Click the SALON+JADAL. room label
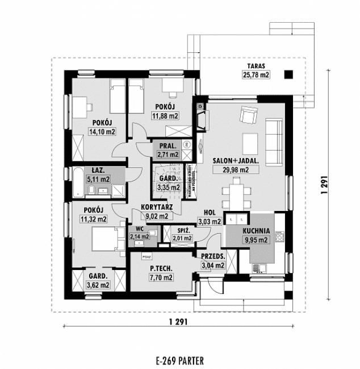click(x=236, y=160)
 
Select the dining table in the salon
click(x=236, y=193)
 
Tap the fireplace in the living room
click(x=201, y=117)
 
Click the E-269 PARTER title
click(x=178, y=360)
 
